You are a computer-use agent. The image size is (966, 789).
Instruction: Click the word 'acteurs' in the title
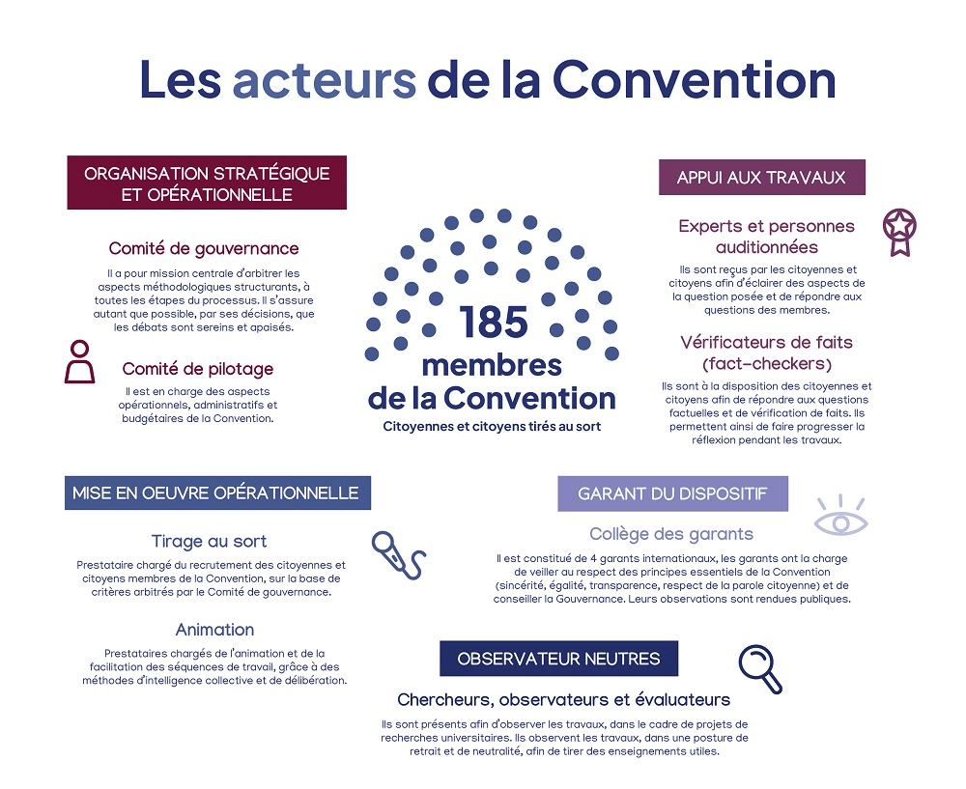point(325,80)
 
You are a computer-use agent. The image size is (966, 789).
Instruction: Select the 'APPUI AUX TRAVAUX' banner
point(761,178)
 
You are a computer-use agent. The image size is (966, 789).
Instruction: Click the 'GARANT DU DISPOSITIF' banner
point(672,493)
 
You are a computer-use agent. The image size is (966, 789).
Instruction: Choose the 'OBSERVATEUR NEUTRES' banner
point(558,659)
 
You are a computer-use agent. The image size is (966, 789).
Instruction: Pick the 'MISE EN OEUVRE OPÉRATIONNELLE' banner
point(216,493)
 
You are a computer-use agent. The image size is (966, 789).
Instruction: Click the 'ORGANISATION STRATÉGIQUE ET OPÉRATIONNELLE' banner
point(207,183)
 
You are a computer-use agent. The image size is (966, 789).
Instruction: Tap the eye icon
point(840,519)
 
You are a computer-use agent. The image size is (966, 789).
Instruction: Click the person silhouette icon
point(79,362)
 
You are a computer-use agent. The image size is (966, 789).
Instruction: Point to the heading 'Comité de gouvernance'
point(204,248)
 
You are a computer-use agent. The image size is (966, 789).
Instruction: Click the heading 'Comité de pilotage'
point(197,369)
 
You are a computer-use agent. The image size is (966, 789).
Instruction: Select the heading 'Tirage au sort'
point(209,541)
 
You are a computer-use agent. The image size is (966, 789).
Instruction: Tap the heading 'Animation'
point(214,630)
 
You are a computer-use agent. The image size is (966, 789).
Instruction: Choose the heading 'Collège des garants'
point(671,534)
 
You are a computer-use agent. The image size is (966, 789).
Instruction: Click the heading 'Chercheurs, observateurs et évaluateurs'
point(563,699)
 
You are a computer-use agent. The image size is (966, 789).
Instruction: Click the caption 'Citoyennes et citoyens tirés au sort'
point(492,426)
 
